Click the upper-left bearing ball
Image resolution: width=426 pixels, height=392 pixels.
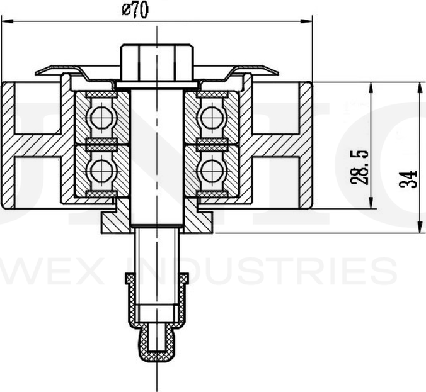tap(99, 116)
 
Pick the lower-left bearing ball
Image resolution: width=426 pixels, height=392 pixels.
tap(99, 169)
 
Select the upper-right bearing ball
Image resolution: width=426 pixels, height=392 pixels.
tap(211, 116)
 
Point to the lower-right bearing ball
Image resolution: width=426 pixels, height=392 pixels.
tap(211, 169)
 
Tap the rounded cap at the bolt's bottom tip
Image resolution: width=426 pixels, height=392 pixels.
tap(156, 350)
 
